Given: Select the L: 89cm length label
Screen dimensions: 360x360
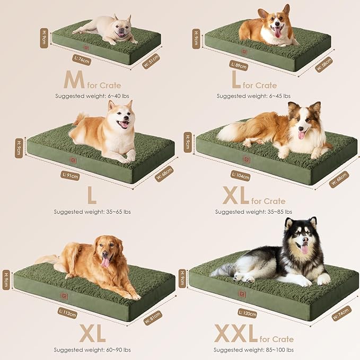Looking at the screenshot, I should [239, 66].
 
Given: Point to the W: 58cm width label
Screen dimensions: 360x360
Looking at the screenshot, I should [324, 64].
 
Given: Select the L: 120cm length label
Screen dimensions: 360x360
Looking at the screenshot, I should [248, 313].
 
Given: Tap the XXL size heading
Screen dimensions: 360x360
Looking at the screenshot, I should [235, 334].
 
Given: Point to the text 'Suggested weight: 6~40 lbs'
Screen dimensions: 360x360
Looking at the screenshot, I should [92, 96].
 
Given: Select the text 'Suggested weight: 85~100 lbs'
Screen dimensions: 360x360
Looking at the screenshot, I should [252, 350].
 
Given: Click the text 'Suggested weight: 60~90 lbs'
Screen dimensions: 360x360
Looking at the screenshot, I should [92, 350].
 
